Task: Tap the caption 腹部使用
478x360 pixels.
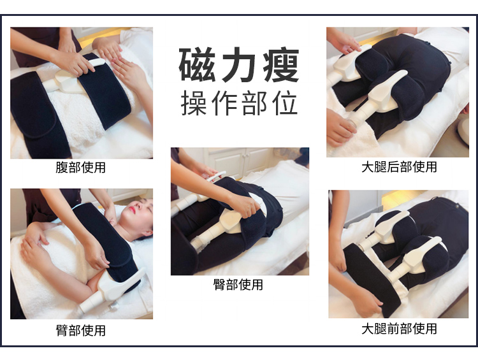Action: tap(81, 168)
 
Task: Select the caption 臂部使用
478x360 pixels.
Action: tap(81, 330)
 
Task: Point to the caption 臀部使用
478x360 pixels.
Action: tap(238, 285)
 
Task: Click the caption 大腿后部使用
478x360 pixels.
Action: tap(399, 167)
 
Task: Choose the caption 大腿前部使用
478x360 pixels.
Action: tap(399, 329)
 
